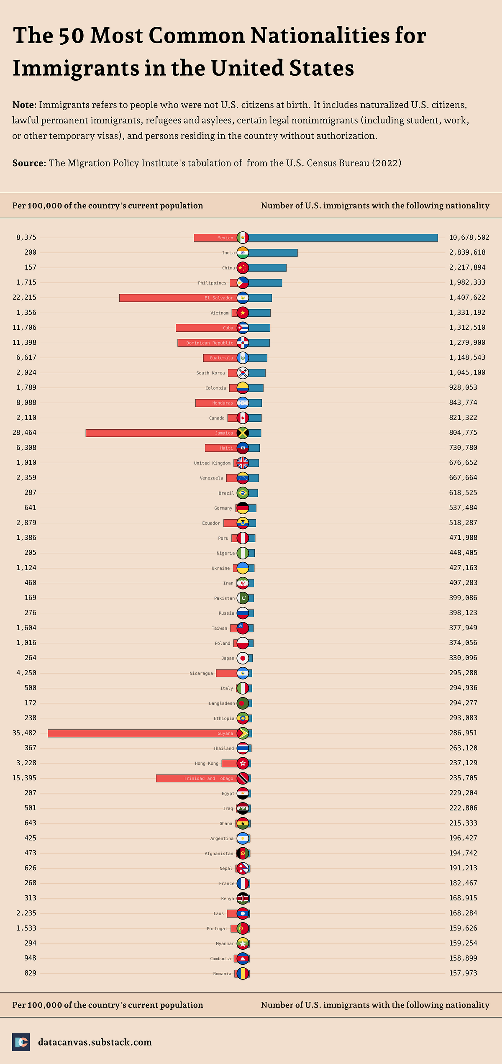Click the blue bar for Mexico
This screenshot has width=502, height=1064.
343,238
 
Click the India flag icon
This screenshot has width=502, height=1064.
243,253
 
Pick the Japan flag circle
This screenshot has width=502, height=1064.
243,658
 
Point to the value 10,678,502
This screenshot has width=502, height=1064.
469,237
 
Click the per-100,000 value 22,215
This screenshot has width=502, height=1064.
24,297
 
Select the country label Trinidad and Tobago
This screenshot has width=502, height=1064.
208,778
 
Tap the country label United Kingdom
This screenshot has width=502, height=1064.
212,463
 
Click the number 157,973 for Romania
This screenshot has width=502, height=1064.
463,973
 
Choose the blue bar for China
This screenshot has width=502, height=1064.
267,268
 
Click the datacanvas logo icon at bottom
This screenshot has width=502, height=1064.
21,1042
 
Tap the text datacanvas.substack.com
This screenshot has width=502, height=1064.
95,1042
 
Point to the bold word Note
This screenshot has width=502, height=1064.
24,105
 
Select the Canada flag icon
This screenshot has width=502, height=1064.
243,418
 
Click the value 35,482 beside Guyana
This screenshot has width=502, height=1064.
24,733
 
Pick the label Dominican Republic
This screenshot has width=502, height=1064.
210,343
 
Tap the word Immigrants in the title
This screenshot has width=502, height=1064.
75,68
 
